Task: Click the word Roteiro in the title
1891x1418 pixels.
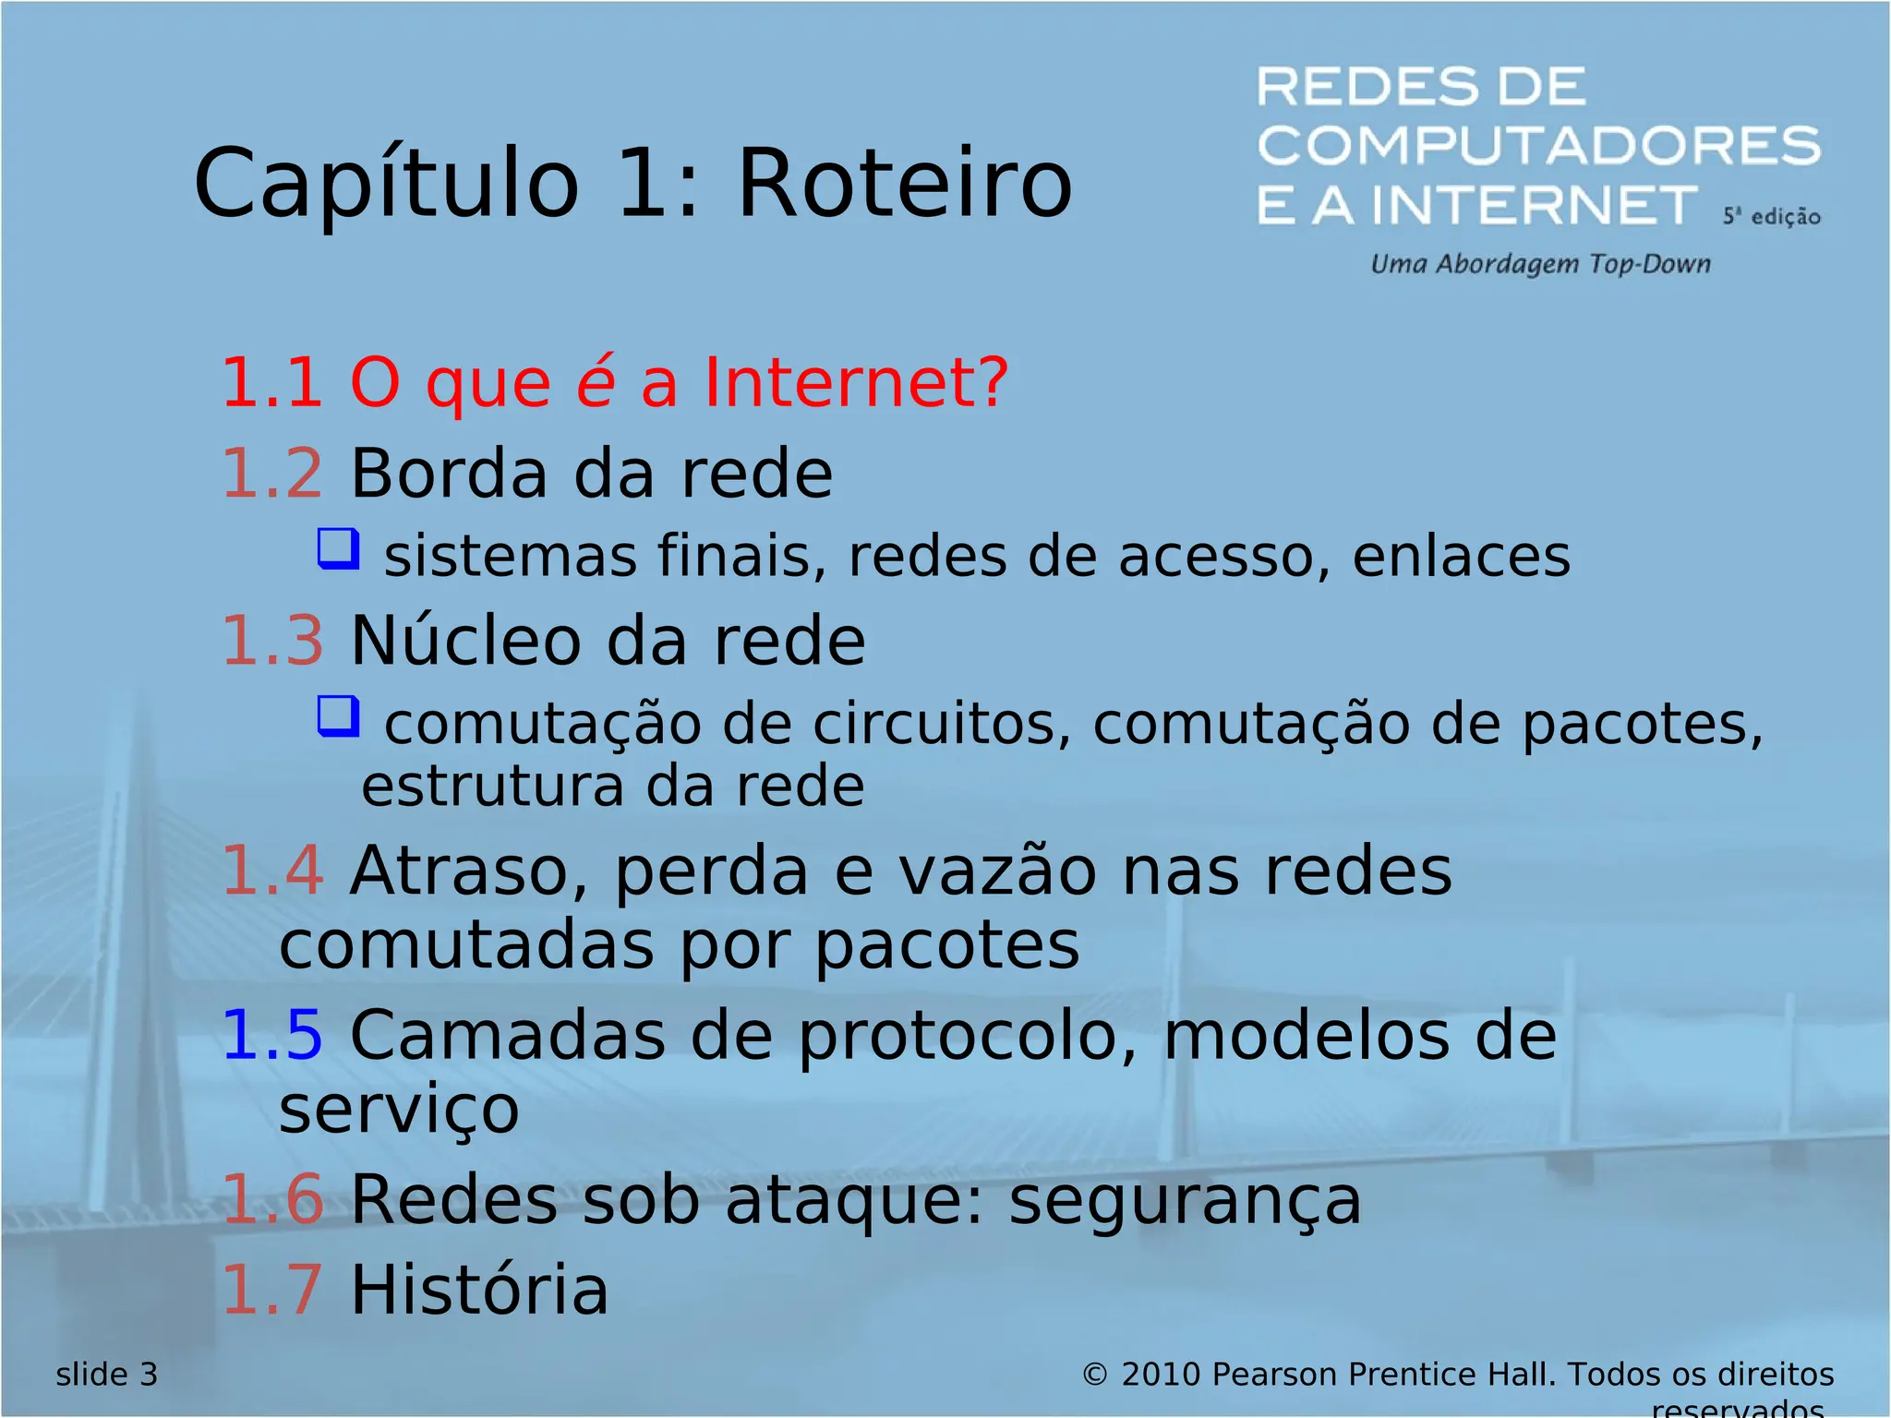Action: (905, 185)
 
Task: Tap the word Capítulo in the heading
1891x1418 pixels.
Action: (387, 185)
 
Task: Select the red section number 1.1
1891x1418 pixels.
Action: (272, 382)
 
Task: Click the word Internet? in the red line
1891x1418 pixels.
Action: (856, 382)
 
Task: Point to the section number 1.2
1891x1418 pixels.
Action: (272, 474)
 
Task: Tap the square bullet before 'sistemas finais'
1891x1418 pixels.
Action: (338, 549)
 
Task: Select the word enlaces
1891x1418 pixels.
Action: (1461, 557)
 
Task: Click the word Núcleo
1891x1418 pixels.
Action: (466, 641)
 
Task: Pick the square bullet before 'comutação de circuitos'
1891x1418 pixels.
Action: (338, 716)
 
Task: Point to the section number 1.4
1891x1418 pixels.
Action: (272, 871)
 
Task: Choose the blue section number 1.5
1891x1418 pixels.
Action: (272, 1036)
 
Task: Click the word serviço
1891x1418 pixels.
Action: (399, 1110)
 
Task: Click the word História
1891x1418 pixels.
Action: (479, 1291)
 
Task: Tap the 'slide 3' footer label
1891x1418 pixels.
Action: (107, 1375)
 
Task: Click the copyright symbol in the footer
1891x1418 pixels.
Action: (1094, 1376)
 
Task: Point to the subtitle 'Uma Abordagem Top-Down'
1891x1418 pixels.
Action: (1540, 265)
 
